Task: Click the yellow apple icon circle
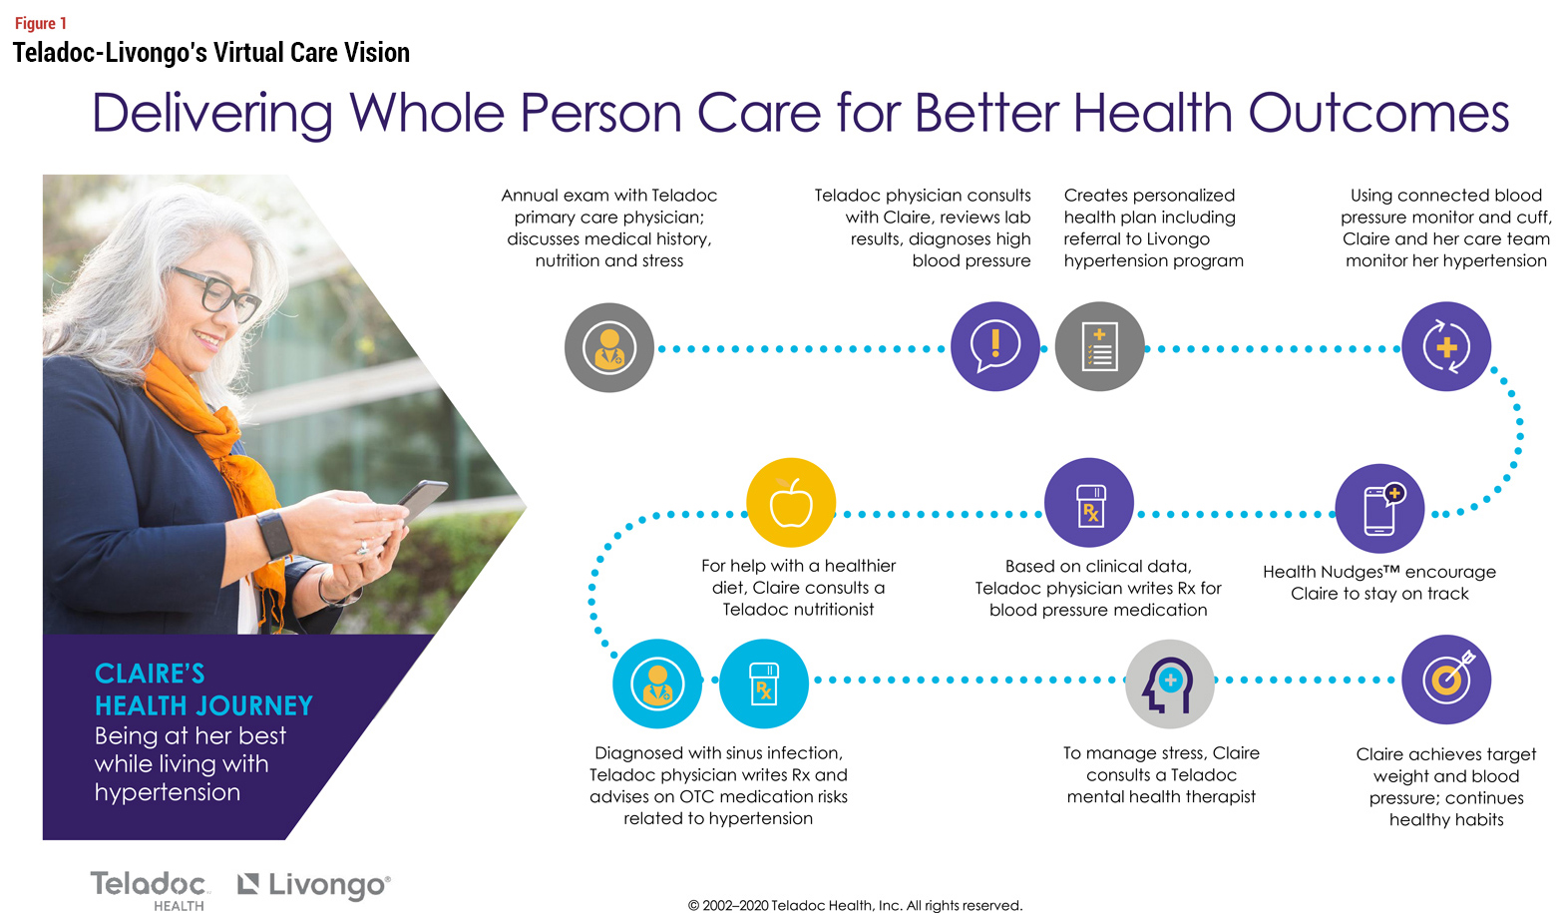(791, 502)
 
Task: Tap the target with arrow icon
(1446, 680)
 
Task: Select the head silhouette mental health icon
(1170, 684)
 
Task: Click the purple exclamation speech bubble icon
(995, 346)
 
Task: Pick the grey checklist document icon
(1099, 346)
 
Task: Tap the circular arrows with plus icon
(1446, 346)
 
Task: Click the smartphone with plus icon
(1379, 509)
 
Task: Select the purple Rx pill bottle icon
(1089, 502)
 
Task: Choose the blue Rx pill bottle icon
(764, 684)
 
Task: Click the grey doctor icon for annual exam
(609, 347)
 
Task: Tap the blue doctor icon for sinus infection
(657, 684)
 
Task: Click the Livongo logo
(314, 885)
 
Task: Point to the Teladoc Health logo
(149, 890)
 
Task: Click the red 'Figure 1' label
(41, 24)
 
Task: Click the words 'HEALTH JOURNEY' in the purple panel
(203, 705)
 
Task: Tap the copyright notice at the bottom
(855, 905)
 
